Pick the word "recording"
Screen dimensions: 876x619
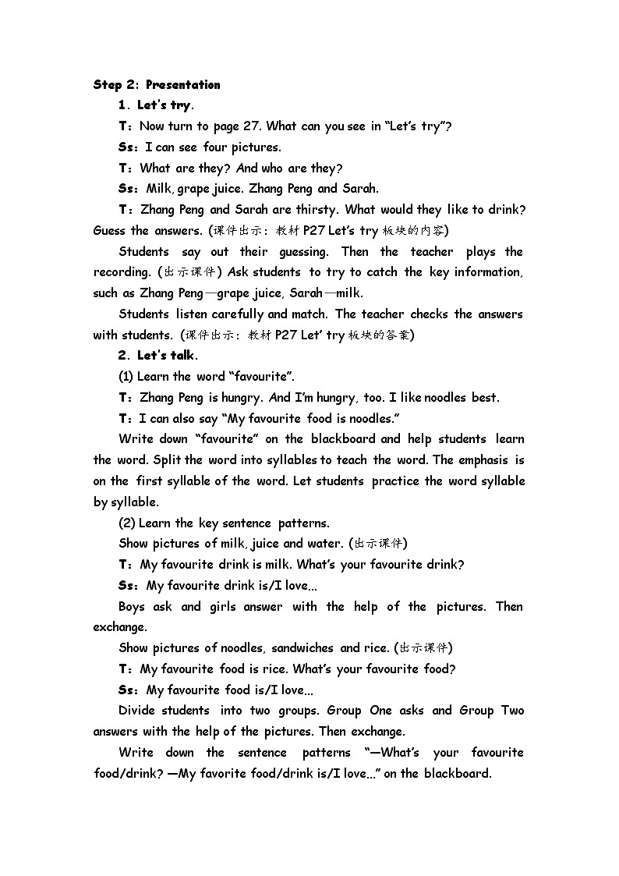point(122,272)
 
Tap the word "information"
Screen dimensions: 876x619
point(483,272)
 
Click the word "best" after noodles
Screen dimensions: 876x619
point(485,397)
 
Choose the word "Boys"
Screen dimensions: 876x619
point(133,606)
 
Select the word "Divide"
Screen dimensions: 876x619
point(136,710)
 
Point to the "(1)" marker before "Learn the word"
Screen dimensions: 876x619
point(126,376)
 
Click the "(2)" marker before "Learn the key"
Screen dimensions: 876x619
point(127,523)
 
